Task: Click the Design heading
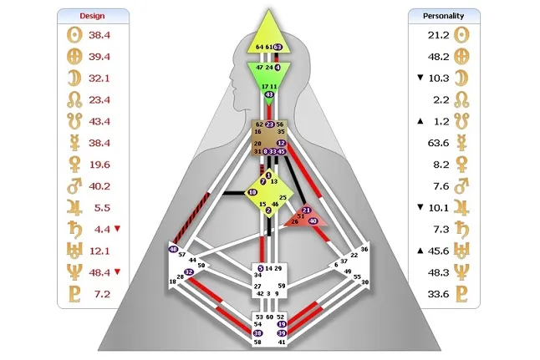click(x=93, y=16)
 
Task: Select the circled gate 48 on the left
click(x=173, y=249)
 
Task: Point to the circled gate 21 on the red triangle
click(x=306, y=210)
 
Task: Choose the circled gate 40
click(x=313, y=221)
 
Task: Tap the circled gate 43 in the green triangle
click(x=268, y=95)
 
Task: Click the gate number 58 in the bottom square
click(x=257, y=342)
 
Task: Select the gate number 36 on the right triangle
click(x=364, y=250)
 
